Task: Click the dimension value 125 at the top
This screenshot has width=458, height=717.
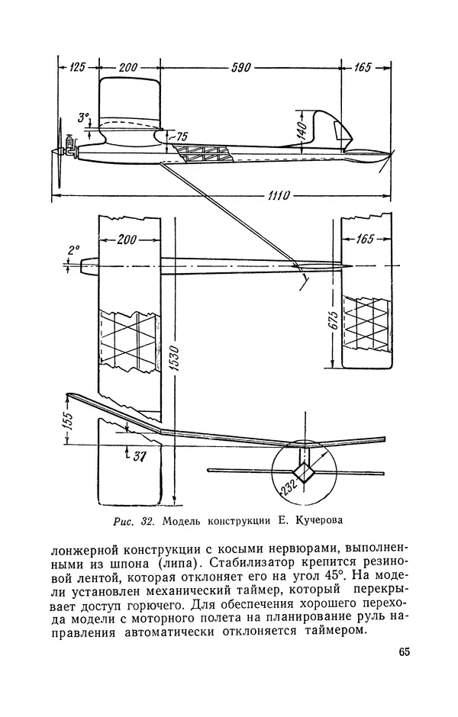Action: point(76,68)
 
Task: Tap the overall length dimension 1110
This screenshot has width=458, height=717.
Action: point(266,196)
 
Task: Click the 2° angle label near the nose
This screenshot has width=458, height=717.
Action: point(73,249)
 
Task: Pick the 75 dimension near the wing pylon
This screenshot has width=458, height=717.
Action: point(182,136)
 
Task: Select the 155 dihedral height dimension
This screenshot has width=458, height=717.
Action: point(67,419)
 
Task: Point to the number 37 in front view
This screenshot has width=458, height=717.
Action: point(138,455)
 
